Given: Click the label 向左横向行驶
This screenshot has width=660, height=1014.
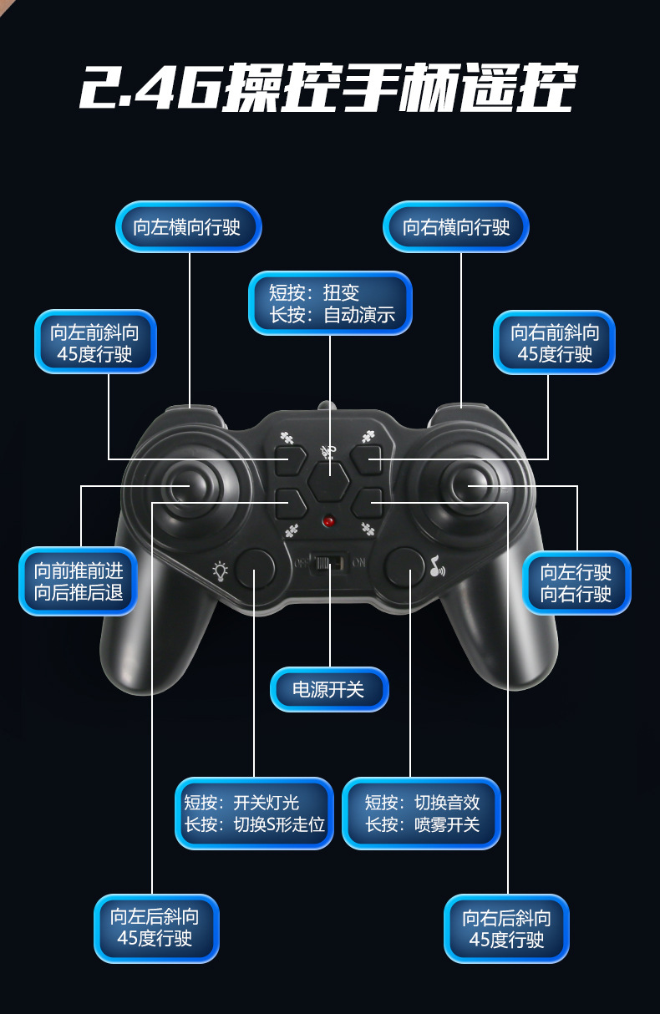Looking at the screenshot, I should [x=188, y=226].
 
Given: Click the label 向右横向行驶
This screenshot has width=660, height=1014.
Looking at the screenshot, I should [x=456, y=226].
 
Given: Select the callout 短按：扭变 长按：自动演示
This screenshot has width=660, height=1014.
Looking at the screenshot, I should [x=330, y=303].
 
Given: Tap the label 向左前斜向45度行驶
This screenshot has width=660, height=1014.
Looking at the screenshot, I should [x=95, y=342].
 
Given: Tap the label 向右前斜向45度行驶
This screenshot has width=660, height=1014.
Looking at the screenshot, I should [x=555, y=342].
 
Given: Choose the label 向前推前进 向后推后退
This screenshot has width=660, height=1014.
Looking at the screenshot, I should [x=78, y=581].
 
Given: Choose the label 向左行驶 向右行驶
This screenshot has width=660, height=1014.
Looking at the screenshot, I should [x=576, y=582].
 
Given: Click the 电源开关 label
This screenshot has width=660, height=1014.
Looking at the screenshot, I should [x=329, y=690].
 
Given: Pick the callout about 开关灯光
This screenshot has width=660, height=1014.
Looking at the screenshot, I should [x=254, y=814].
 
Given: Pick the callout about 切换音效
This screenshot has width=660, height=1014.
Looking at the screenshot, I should [x=422, y=814].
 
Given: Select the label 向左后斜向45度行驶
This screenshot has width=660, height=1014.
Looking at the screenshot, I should [x=155, y=928].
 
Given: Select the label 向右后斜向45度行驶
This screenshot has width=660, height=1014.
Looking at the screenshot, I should [x=507, y=928].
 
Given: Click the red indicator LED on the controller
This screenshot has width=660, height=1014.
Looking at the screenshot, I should [x=328, y=521].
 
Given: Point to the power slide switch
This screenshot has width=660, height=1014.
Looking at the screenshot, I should [x=328, y=563].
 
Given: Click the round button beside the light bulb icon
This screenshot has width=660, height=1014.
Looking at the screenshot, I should [x=255, y=568].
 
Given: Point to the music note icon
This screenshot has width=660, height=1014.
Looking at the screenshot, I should [x=437, y=569].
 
